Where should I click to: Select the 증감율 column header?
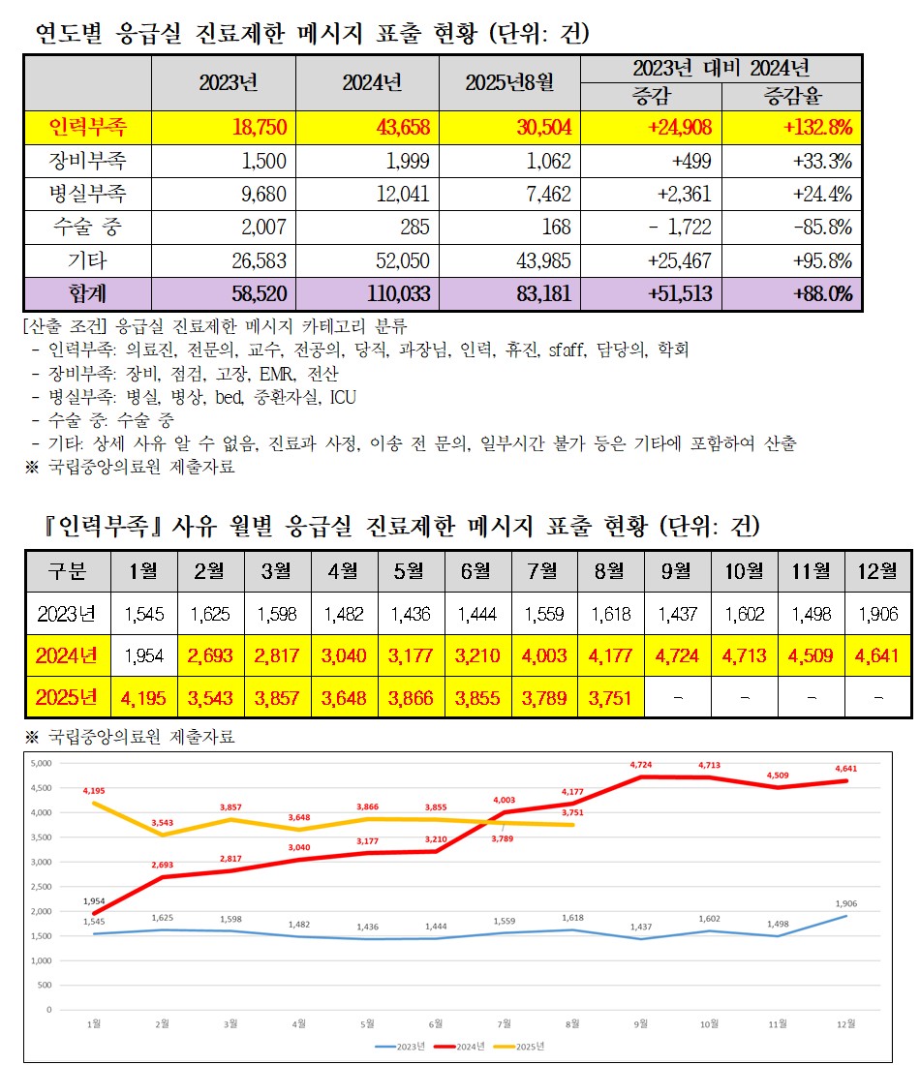tap(792, 96)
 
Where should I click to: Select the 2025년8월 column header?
tap(509, 83)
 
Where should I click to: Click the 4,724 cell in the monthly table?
tap(678, 655)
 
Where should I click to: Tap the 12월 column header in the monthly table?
tap(877, 571)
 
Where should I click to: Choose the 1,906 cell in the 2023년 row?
tap(877, 614)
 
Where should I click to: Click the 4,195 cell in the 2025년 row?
tap(143, 698)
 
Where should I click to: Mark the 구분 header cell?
tap(67, 571)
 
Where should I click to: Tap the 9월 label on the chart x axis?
tap(642, 1022)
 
